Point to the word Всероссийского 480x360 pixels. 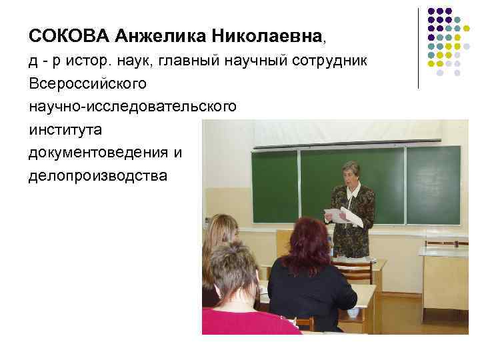coord(91,84)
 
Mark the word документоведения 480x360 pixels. coord(99,153)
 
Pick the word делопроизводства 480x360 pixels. coord(98,176)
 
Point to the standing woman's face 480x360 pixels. coord(351,173)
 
